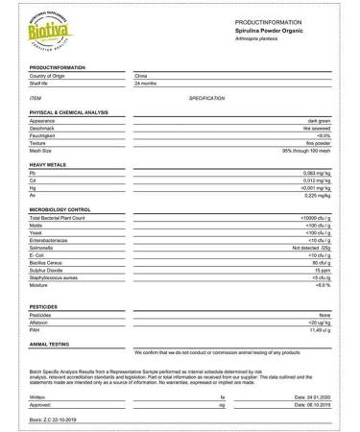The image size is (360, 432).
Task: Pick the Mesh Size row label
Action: point(42,151)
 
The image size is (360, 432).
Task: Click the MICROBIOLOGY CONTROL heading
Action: point(60,209)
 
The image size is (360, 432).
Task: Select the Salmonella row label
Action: point(43,248)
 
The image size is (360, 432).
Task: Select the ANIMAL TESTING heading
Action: point(53,343)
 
